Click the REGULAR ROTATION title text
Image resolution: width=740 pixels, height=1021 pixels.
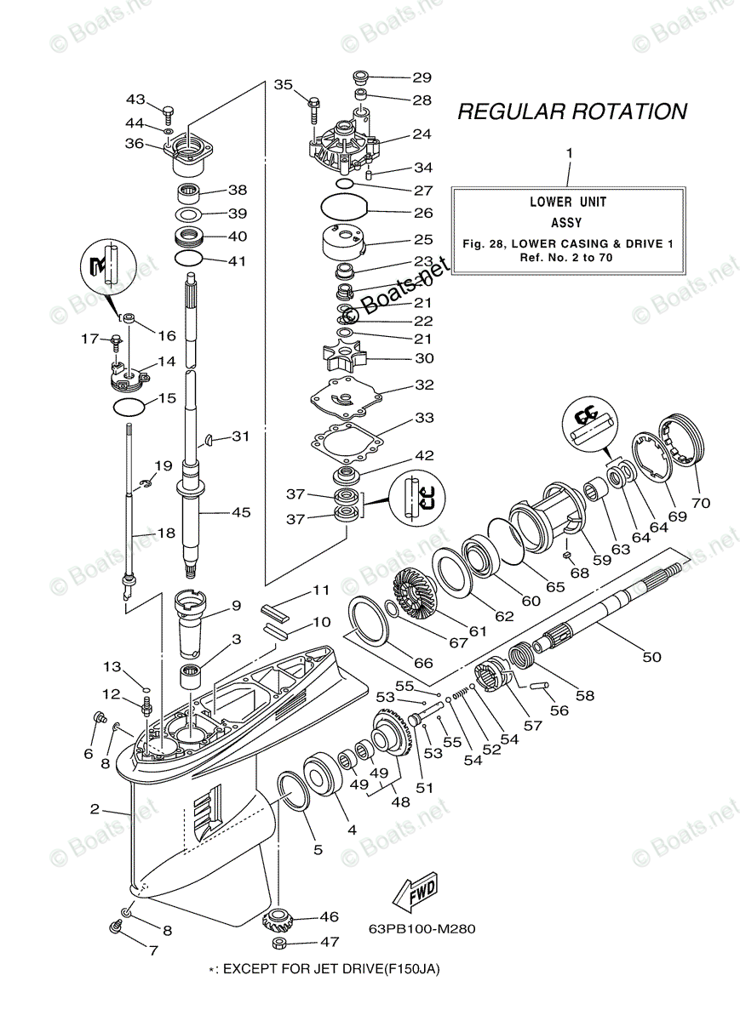[x=571, y=111]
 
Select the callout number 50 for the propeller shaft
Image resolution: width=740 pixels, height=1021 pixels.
[x=651, y=657]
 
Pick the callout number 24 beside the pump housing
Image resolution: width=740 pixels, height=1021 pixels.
[x=422, y=134]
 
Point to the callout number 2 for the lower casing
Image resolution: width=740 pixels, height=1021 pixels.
[x=95, y=808]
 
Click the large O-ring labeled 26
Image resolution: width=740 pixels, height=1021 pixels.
[x=344, y=207]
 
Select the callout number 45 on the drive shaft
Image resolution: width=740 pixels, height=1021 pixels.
[x=241, y=512]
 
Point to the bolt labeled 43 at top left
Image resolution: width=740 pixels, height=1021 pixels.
[x=168, y=111]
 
